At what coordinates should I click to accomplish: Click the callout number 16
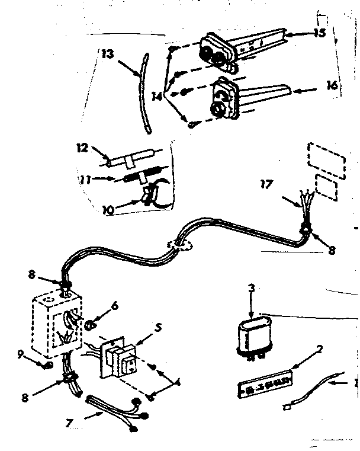point(333,85)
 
